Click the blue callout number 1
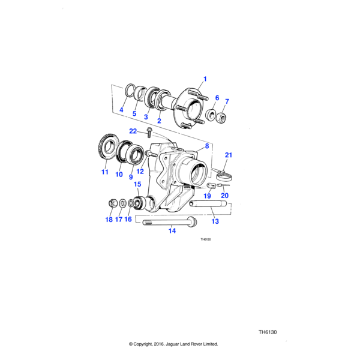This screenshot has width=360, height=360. [204, 79]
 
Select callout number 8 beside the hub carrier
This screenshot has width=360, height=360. [206, 146]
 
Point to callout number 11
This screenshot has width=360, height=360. [105, 172]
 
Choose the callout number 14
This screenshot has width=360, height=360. [172, 230]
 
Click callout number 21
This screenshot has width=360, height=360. [228, 155]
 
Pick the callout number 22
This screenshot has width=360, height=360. [133, 131]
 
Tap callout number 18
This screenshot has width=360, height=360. [109, 220]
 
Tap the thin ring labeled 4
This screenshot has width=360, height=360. [130, 91]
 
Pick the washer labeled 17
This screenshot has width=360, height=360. [122, 204]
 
